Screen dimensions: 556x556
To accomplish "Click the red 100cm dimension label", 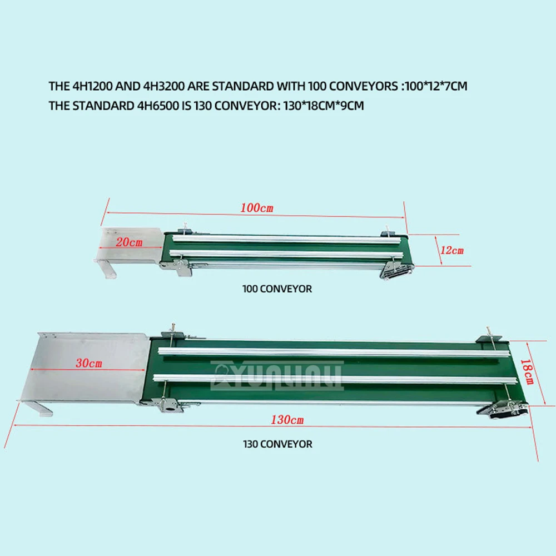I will point(257,209).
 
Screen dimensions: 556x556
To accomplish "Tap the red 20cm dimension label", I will point(130,242).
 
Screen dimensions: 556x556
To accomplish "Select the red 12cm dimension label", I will point(451,250).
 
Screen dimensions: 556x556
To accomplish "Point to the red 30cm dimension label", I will point(89,364).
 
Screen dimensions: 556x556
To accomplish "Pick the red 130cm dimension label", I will point(287,420).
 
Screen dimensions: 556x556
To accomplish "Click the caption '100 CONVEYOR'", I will point(277,289).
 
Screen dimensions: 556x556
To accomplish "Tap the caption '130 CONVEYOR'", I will point(277,444).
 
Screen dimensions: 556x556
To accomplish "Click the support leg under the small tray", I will point(108,270).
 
